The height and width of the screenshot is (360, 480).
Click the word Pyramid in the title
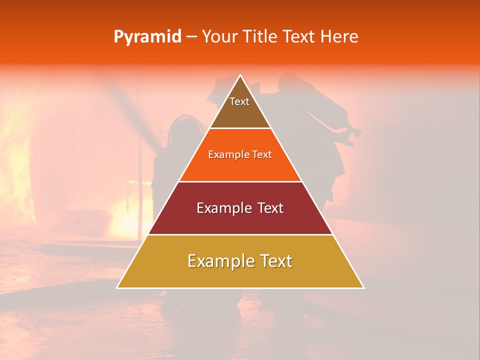coord(147,36)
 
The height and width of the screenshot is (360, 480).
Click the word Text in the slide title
coord(301,36)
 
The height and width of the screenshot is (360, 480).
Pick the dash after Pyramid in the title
coord(191,37)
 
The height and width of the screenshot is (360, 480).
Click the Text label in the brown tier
coord(239,101)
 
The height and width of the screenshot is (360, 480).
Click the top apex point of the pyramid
coord(240,75)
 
